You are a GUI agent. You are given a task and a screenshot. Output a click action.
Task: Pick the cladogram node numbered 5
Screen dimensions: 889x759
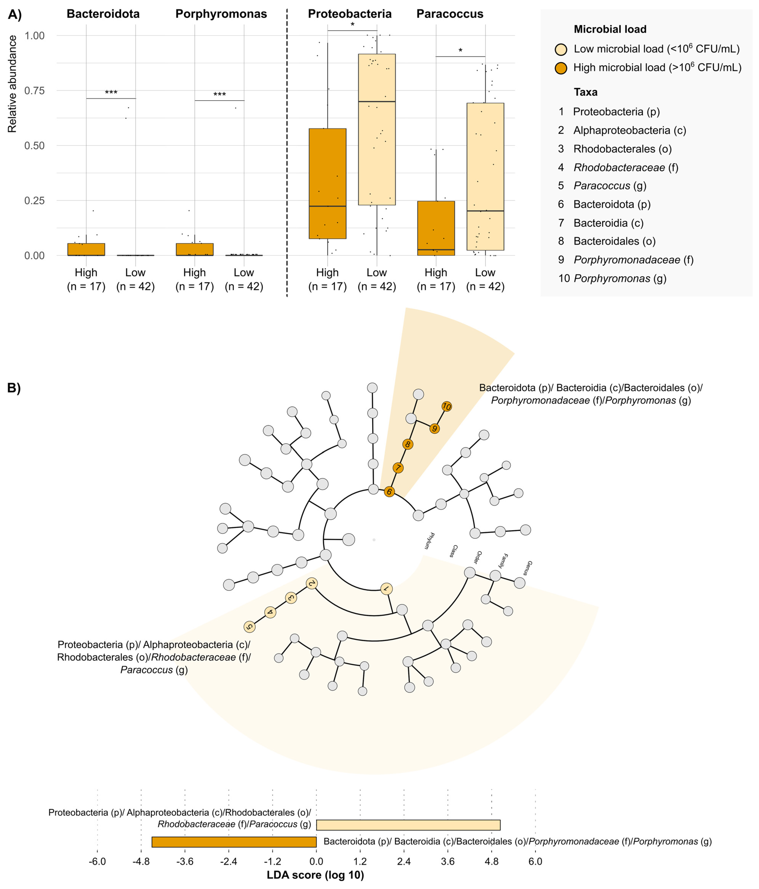pyautogui.click(x=249, y=627)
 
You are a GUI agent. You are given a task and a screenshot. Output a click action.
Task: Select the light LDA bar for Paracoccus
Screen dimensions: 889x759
pyautogui.click(x=408, y=825)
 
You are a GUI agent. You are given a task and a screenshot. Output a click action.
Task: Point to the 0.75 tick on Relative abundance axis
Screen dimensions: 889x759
pyautogui.click(x=34, y=90)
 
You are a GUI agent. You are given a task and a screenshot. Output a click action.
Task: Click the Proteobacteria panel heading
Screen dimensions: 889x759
pyautogui.click(x=350, y=14)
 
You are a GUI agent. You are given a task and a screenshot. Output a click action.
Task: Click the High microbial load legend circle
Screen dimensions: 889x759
pyautogui.click(x=561, y=68)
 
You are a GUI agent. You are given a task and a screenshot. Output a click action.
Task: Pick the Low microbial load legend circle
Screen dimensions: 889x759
pyautogui.click(x=561, y=49)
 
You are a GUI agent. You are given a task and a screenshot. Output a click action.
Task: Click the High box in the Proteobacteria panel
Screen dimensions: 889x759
pyautogui.click(x=327, y=184)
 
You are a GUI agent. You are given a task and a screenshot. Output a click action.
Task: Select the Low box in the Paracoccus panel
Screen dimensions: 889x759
pyautogui.click(x=485, y=176)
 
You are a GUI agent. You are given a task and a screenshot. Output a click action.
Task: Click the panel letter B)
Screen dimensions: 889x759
pyautogui.click(x=14, y=388)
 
